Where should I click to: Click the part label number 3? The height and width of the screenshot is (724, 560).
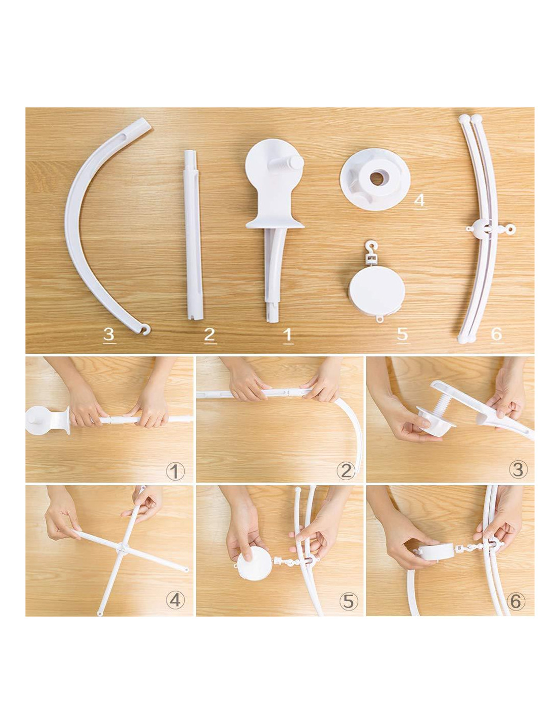tap(109, 333)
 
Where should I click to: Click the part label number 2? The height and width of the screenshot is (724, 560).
tap(210, 334)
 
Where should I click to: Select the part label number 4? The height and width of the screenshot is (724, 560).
tap(420, 200)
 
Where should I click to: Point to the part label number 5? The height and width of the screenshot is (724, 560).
tap(402, 333)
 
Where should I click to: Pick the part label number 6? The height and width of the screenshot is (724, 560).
tap(496, 333)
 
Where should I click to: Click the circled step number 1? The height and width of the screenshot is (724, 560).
tap(175, 472)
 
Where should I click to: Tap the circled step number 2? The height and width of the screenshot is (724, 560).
tap(346, 472)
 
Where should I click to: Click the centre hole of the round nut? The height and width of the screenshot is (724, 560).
tap(376, 179)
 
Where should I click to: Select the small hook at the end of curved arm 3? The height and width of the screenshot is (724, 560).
tap(145, 329)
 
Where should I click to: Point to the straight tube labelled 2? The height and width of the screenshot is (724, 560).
tap(193, 235)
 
